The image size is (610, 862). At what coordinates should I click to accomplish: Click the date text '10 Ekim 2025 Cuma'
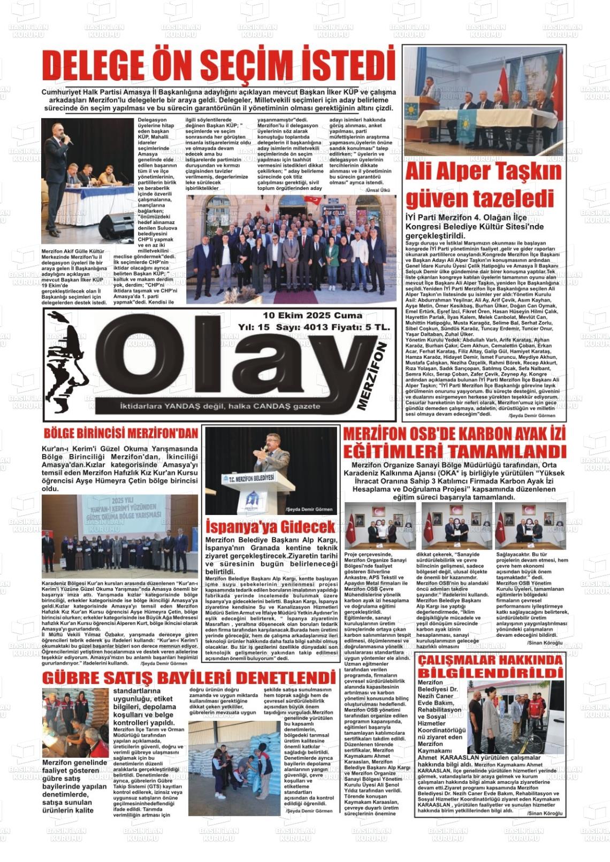click(x=312, y=315)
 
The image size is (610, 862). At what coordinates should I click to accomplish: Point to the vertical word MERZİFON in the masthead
click(x=377, y=377)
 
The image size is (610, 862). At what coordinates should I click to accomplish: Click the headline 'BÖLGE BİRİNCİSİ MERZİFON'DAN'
click(x=121, y=433)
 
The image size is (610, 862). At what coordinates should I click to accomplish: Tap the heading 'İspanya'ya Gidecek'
click(x=270, y=526)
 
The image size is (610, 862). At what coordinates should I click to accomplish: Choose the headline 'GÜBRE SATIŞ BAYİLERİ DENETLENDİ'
click(x=188, y=678)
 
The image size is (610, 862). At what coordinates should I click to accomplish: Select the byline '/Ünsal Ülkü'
click(x=378, y=190)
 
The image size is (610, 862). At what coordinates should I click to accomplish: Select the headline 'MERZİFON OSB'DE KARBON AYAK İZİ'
click(x=454, y=434)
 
